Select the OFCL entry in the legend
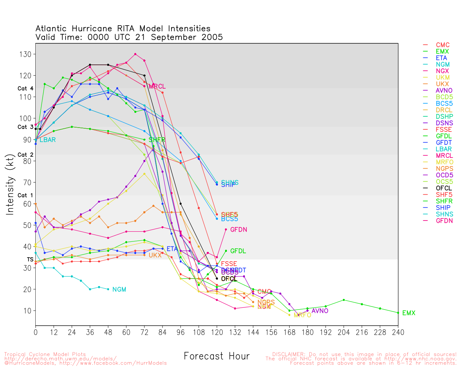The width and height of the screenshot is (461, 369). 443,188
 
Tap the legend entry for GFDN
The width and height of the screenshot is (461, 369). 444,221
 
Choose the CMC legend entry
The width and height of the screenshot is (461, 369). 443,45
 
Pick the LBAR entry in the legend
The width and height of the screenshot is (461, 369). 443,149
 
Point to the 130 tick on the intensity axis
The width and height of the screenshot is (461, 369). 27,54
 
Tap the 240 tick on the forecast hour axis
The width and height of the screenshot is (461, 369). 398,332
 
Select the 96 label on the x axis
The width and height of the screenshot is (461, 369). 180,332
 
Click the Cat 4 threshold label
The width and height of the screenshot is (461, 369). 25,89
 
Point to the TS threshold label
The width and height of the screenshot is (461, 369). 30,259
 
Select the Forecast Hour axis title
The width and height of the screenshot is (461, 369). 216,356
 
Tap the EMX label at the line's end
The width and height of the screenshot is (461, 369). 409,313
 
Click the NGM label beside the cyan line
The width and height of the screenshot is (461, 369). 119,290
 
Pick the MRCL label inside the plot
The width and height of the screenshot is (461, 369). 157,86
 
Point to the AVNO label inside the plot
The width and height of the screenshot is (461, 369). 320,311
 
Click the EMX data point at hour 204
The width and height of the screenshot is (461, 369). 344,300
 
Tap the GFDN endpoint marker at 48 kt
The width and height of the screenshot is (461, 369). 226,229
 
